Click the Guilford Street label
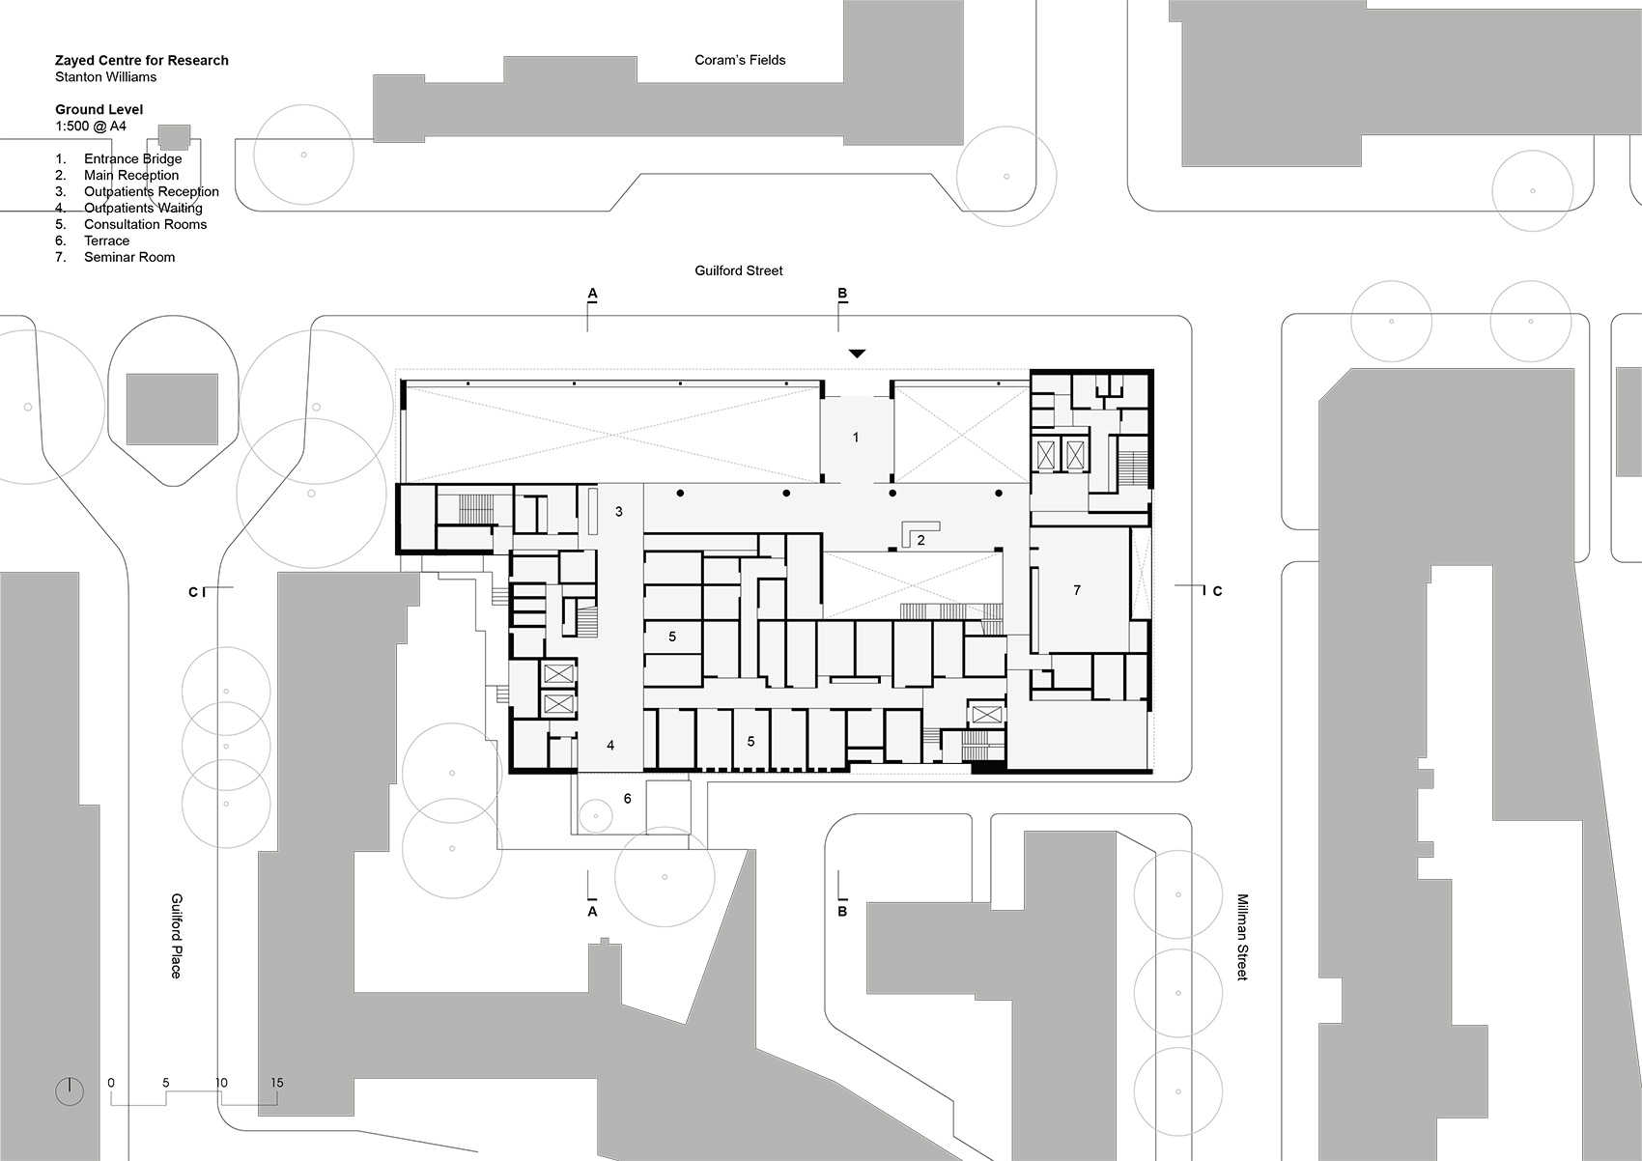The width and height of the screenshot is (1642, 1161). click(x=738, y=271)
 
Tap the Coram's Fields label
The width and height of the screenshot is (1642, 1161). click(x=740, y=60)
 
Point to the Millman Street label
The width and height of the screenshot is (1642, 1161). click(x=1242, y=937)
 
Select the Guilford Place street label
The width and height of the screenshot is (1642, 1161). click(x=176, y=935)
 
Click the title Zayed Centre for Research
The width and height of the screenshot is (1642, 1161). click(x=141, y=60)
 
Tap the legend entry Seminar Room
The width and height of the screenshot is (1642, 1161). click(x=129, y=257)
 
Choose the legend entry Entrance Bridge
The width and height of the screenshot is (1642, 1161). click(x=132, y=159)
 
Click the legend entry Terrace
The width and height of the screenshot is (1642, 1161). click(x=106, y=241)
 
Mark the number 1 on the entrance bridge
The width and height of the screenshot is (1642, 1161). click(x=856, y=438)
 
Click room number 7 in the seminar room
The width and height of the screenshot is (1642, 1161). click(x=1077, y=590)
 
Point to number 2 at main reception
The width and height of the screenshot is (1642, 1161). click(x=920, y=541)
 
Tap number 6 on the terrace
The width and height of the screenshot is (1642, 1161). click(x=628, y=799)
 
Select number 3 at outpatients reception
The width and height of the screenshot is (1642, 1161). click(x=619, y=512)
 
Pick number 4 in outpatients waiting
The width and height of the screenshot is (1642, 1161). click(x=610, y=746)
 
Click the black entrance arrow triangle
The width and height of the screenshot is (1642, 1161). click(x=857, y=354)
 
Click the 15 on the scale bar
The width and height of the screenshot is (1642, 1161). click(x=276, y=1083)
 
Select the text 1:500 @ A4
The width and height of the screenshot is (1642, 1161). click(x=91, y=127)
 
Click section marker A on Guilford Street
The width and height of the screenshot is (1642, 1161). click(x=592, y=294)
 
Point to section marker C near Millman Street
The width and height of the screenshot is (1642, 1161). click(x=1218, y=591)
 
